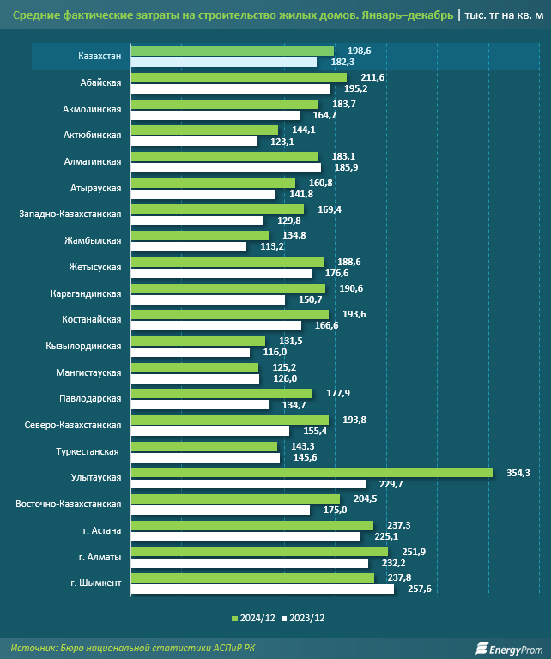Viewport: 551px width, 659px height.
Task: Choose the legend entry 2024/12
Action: click(x=257, y=618)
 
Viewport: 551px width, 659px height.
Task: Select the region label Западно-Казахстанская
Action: click(x=70, y=215)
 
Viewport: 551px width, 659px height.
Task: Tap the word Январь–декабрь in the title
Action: click(x=396, y=15)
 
